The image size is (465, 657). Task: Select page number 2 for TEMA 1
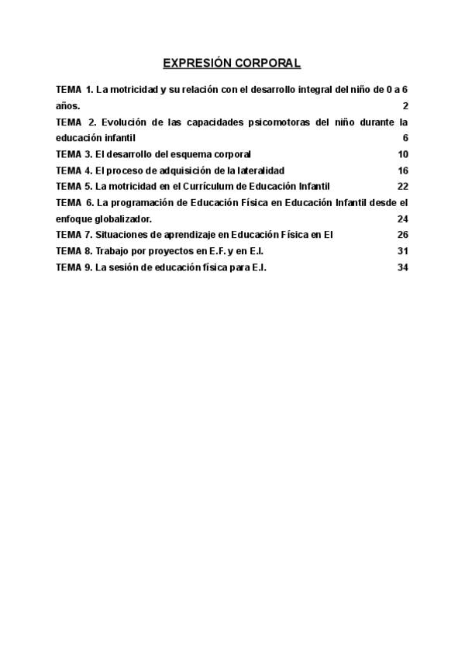[x=405, y=105]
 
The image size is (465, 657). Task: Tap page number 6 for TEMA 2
[x=405, y=138]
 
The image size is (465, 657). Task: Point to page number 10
[x=402, y=154]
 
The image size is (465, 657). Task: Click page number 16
[x=402, y=170]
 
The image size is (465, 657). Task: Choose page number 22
[x=402, y=187]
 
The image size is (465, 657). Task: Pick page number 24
[x=402, y=219]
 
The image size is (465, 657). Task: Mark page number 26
[x=402, y=235]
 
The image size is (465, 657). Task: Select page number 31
[x=402, y=251]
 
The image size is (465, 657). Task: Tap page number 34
[x=402, y=267]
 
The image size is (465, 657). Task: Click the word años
[x=67, y=105]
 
